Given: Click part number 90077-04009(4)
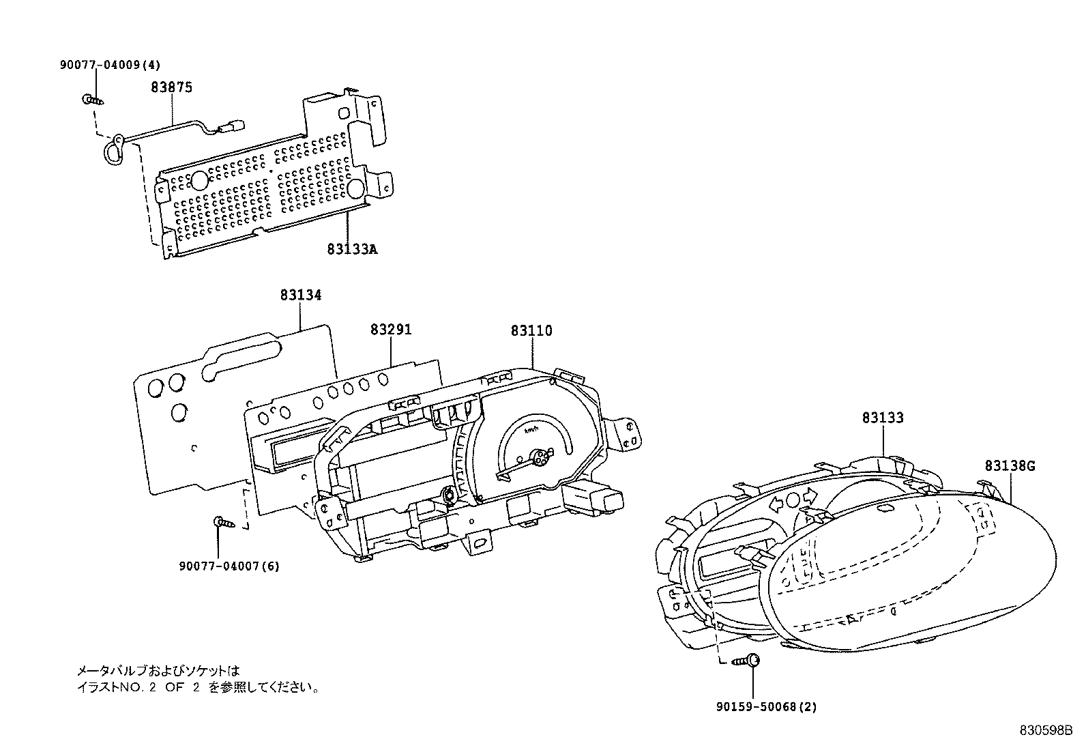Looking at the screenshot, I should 109,66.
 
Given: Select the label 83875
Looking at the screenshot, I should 171,87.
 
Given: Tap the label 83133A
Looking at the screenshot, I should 351,250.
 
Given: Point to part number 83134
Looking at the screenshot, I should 300,295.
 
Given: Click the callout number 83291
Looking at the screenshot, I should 391,330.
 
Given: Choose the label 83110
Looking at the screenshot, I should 531,331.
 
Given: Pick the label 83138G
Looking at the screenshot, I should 1010,466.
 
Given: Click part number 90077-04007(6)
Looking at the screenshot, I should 229,566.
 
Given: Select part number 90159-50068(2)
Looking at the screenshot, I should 766,707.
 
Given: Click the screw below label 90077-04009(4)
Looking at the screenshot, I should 94,100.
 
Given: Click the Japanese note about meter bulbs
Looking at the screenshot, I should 197,680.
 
